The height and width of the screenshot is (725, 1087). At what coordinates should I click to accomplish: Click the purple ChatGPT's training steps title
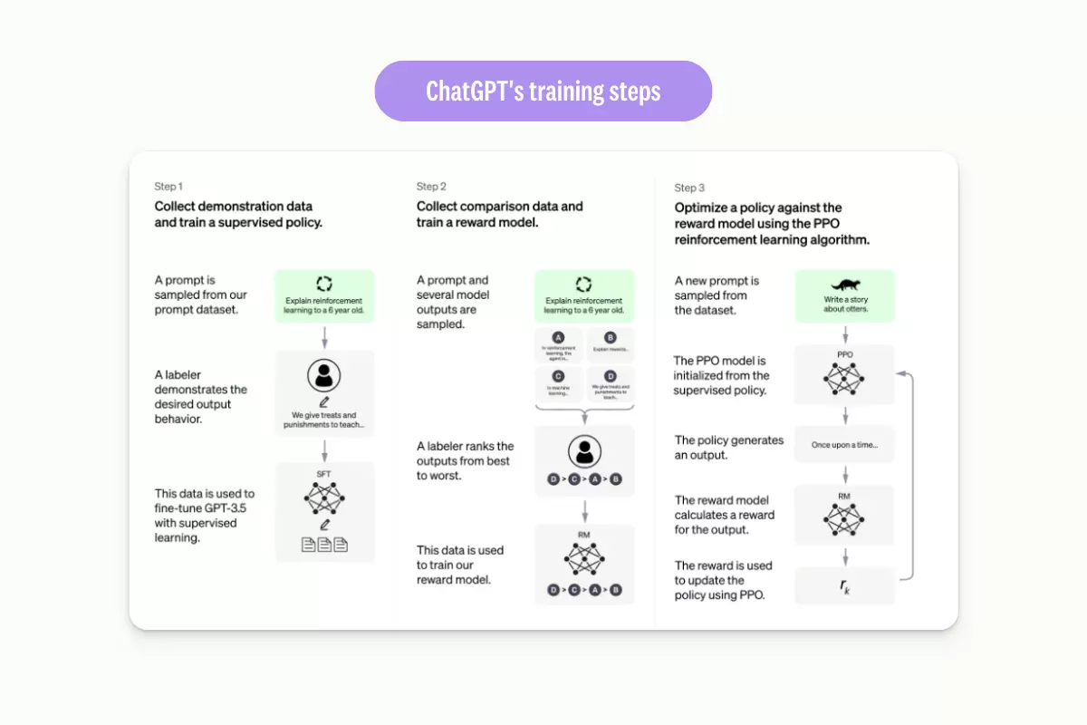543,92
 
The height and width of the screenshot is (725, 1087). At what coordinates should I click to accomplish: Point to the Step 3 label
689,188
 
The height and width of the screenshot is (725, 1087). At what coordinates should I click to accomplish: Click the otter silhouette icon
844,284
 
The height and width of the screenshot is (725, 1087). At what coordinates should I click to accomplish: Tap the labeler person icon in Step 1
324,376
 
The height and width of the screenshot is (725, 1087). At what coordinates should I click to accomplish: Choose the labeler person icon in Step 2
584,450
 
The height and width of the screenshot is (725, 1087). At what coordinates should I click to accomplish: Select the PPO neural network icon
844,379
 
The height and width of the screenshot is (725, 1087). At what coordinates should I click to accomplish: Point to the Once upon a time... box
844,445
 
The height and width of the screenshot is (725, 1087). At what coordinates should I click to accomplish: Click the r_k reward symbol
844,586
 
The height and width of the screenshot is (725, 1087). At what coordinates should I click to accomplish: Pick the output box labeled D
611,382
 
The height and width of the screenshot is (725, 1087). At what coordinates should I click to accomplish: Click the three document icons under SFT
324,546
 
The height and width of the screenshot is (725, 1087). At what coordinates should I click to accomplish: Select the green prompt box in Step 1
324,295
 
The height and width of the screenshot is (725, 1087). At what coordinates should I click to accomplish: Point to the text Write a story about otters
844,304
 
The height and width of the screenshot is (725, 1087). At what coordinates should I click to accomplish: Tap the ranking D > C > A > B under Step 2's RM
584,590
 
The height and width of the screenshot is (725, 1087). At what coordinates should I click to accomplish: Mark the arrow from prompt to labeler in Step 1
324,337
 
